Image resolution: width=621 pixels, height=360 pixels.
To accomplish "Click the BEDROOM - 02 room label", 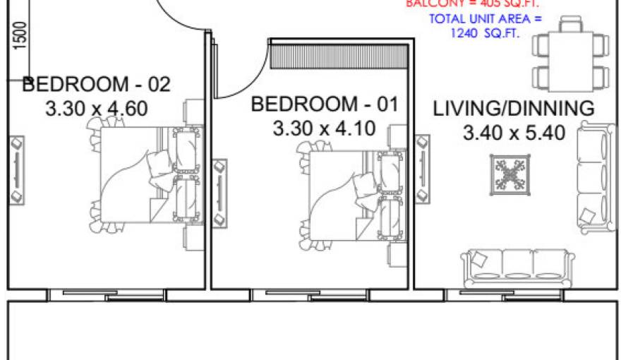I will click(x=97, y=85).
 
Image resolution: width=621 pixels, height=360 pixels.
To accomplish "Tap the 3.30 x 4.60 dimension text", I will click(x=97, y=110).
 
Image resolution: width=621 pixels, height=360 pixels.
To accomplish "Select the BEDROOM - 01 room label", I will click(x=325, y=104).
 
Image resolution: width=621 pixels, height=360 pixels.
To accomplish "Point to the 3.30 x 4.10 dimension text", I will click(x=324, y=129).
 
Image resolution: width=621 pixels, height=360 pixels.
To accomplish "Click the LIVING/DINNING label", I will click(x=514, y=109).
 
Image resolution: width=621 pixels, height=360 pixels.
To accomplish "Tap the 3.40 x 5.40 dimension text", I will click(x=514, y=133).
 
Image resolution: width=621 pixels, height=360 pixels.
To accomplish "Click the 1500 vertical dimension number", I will click(x=20, y=35).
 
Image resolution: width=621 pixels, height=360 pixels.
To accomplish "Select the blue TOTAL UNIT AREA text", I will click(x=486, y=26).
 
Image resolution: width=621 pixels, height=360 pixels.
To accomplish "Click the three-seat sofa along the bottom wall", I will click(x=515, y=267).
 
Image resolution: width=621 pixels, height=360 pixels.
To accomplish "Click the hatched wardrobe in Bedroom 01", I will click(x=339, y=56).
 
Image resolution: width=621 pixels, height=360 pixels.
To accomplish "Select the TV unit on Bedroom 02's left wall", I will click(x=16, y=170).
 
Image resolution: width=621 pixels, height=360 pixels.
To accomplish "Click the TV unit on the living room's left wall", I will click(x=423, y=168).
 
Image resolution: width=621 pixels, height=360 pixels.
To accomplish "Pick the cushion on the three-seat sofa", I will click(x=479, y=259).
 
